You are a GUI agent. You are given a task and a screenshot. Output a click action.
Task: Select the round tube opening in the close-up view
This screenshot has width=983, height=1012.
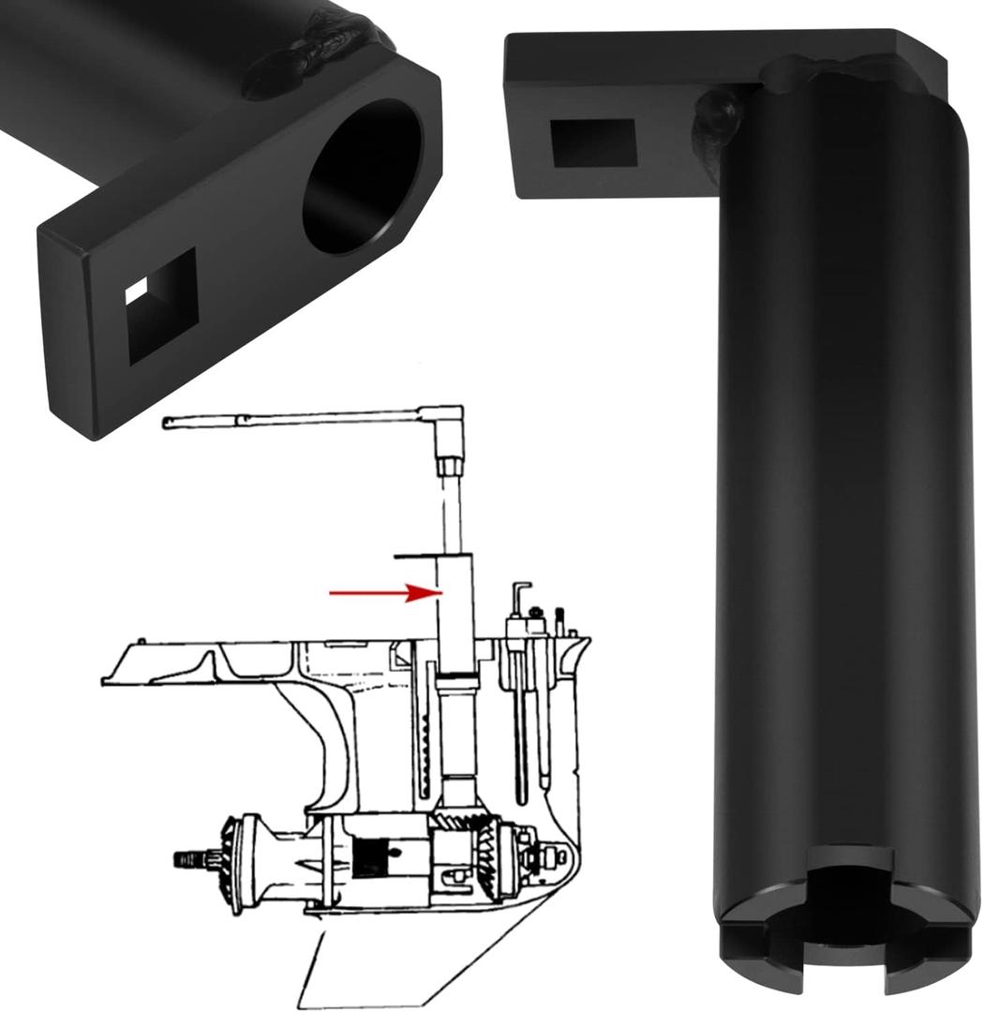pyautogui.click(x=362, y=177)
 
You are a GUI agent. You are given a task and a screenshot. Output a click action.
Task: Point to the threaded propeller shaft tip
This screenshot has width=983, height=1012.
pyautogui.click(x=192, y=858)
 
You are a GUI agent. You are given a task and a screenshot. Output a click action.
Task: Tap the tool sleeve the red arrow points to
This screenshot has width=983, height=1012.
pyautogui.click(x=455, y=609)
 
